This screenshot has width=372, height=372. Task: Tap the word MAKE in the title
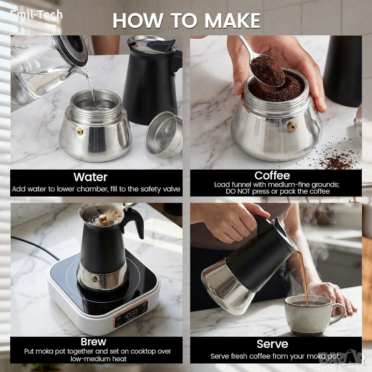232,20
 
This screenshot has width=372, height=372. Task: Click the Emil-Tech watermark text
36,15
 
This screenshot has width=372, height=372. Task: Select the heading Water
90,177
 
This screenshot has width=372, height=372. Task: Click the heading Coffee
272,175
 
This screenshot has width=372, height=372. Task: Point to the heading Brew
93,341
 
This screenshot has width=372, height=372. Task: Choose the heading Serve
272,344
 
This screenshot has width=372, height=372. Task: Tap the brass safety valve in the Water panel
79,131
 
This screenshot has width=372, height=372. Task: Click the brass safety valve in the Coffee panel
292,126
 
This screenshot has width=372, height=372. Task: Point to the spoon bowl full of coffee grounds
268,71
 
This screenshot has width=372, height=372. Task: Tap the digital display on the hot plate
131,312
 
